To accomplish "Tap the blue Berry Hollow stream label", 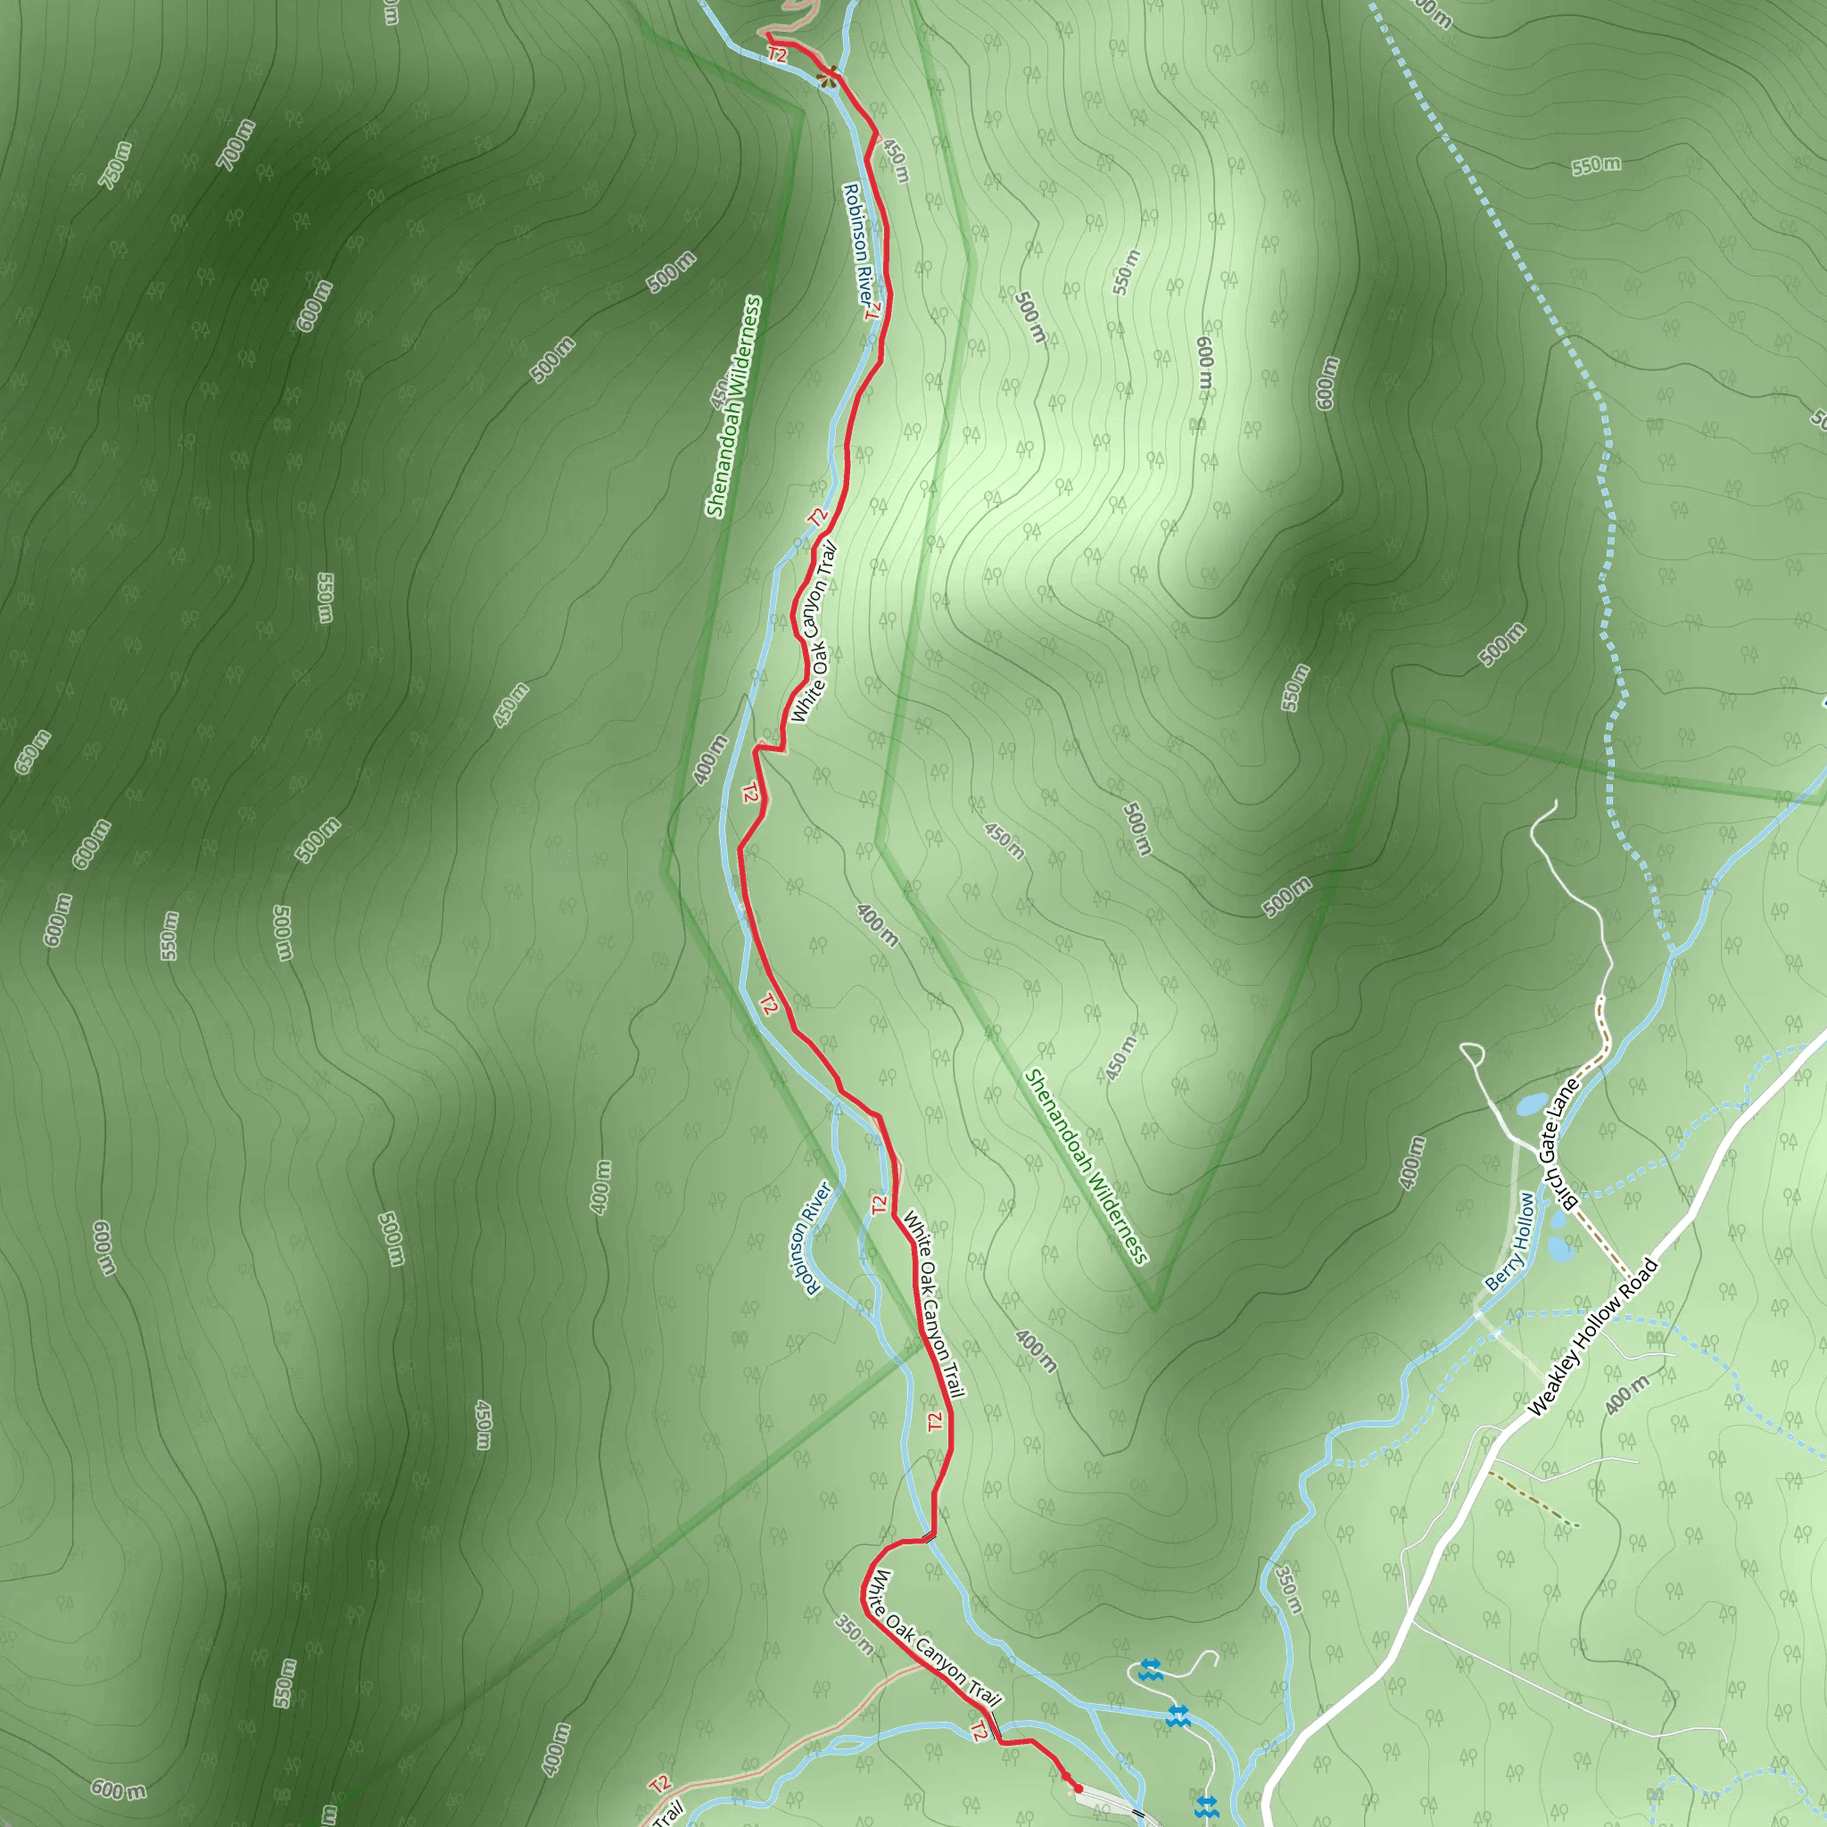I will click(x=1510, y=1242).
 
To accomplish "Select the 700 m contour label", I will click(x=236, y=145).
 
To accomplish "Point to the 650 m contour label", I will click(x=32, y=753).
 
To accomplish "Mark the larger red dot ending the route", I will click(x=1078, y=1789).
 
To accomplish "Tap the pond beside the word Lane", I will click(x=1531, y=1104).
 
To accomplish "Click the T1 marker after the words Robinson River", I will click(x=872, y=310).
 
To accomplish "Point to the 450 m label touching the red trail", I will click(x=896, y=161).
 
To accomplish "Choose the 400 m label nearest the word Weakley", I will click(x=1626, y=1396).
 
